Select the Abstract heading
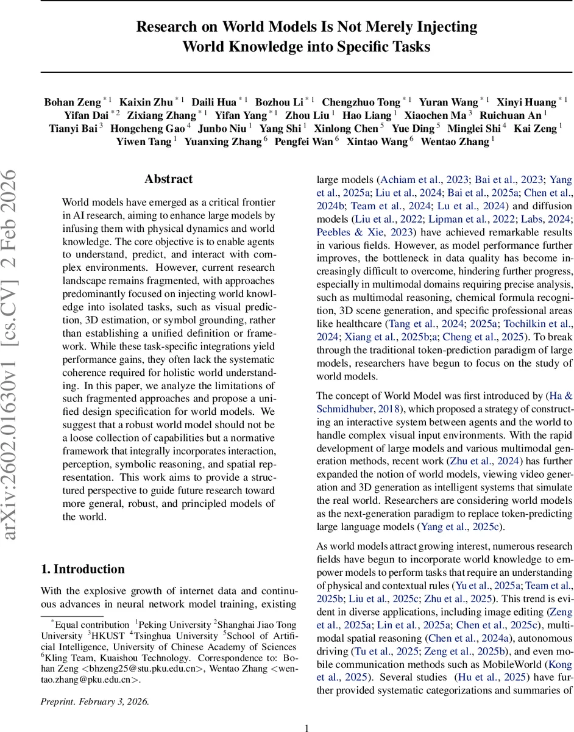click(x=168, y=179)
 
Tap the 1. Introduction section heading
click(x=82, y=569)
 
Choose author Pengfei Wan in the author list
click(x=306, y=142)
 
